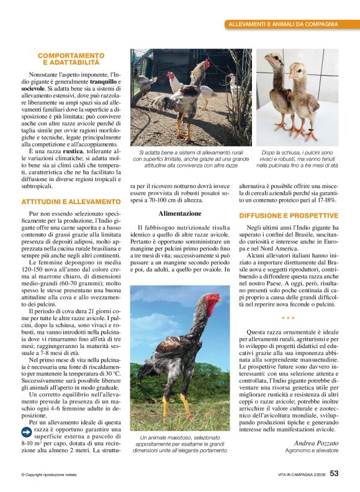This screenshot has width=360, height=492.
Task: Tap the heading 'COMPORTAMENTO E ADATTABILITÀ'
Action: click(x=71, y=59)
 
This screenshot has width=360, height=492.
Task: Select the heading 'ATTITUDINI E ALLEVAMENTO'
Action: click(x=71, y=202)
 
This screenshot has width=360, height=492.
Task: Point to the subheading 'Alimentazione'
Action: click(x=179, y=213)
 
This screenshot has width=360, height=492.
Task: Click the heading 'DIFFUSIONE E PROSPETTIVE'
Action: click(x=289, y=216)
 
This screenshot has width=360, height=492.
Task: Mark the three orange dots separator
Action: click(x=288, y=318)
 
